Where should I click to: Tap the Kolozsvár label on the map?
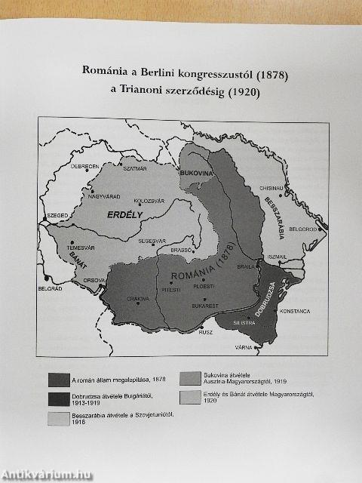[148, 201]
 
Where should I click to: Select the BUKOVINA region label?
[198, 174]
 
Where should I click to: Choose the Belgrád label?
[49, 288]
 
